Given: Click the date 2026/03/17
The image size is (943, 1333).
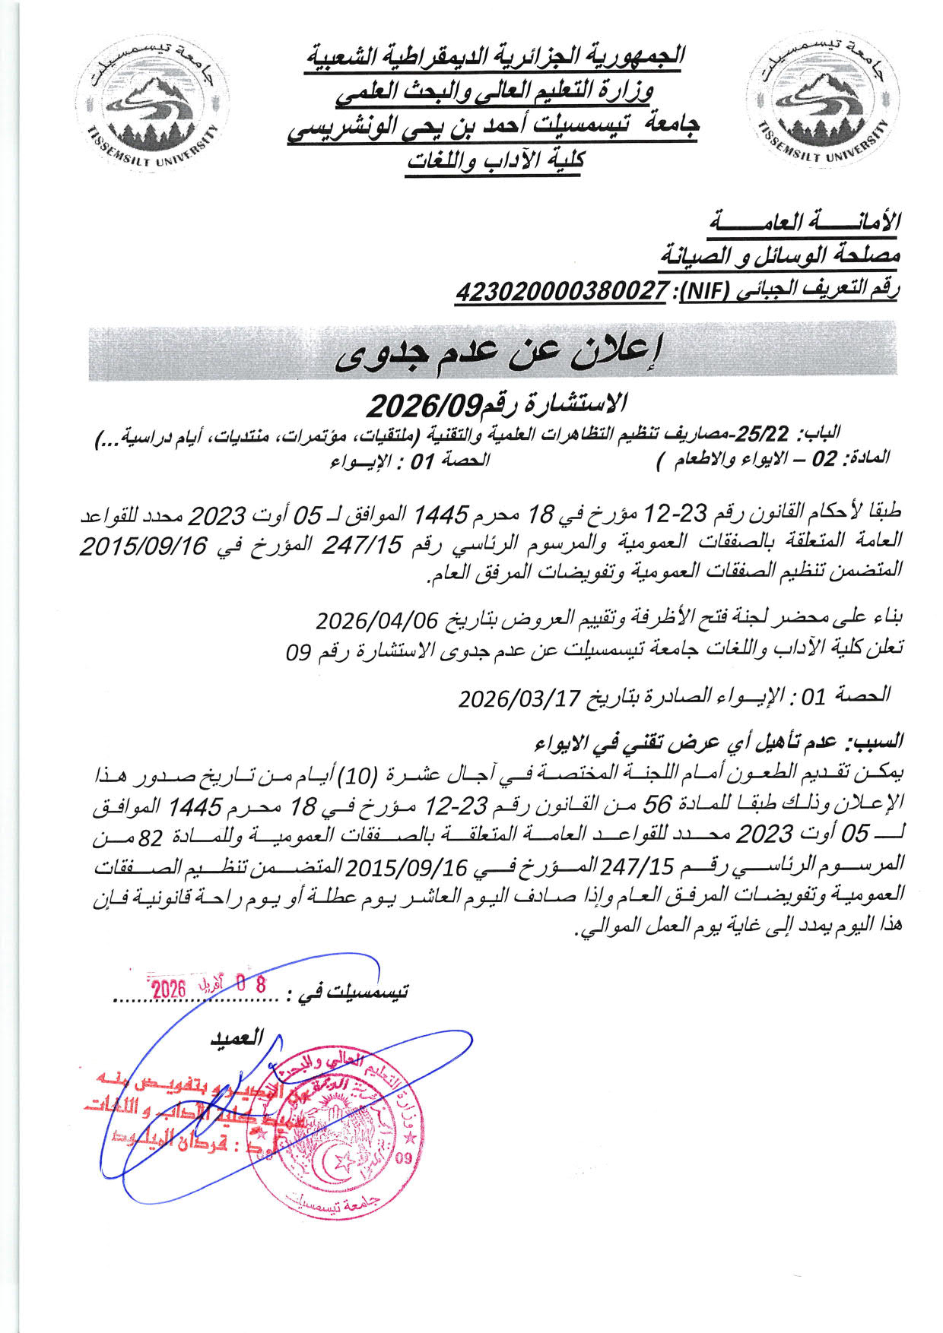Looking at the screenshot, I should coord(519,696).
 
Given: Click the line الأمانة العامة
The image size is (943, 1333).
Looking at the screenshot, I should coord(807,222).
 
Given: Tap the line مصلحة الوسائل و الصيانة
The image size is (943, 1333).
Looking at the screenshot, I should coord(780,256).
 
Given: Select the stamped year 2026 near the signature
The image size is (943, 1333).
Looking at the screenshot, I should coord(169,989).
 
